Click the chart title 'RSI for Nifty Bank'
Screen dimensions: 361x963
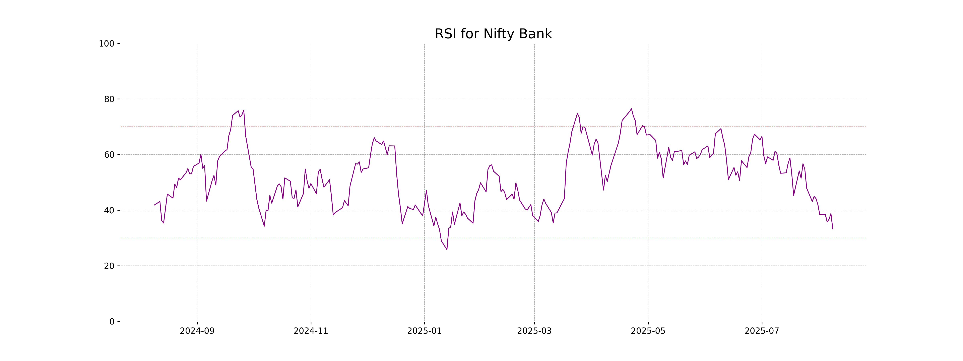tap(493, 34)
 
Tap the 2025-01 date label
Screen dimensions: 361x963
tap(424, 331)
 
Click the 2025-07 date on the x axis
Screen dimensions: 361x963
tap(762, 331)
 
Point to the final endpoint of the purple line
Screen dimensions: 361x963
tap(833, 229)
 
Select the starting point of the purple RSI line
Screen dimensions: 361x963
tap(154, 205)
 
